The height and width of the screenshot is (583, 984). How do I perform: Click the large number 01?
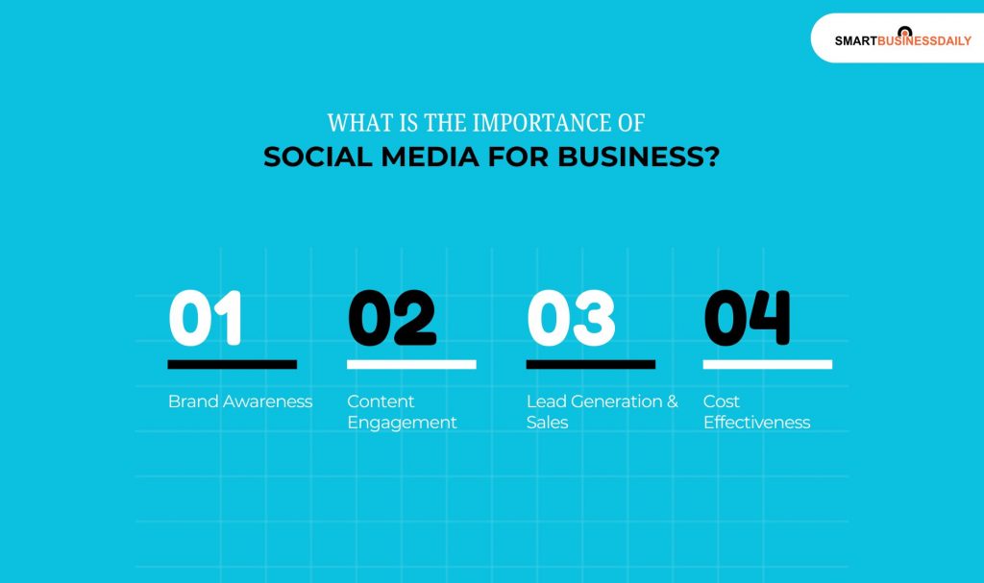click(x=205, y=318)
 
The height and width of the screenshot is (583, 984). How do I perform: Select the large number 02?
click(x=391, y=318)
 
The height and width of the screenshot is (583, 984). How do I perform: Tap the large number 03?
click(x=571, y=318)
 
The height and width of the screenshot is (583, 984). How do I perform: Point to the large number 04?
click(x=748, y=318)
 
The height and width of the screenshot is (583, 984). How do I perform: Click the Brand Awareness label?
click(x=240, y=401)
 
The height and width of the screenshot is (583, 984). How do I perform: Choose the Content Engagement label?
click(x=402, y=412)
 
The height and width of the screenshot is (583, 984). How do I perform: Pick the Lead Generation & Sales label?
click(x=602, y=412)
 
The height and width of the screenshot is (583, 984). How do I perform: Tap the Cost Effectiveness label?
click(x=756, y=412)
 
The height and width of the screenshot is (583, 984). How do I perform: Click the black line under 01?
click(x=232, y=365)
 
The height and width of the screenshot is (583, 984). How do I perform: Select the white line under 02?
click(x=411, y=365)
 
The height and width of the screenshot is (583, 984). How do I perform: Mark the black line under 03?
click(x=590, y=365)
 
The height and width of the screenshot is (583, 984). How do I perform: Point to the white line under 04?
click(x=767, y=365)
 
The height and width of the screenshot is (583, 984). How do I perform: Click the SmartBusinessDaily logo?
click(x=902, y=39)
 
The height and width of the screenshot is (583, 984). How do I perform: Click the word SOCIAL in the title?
click(x=307, y=157)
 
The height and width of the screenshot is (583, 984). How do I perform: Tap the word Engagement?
click(x=402, y=423)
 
